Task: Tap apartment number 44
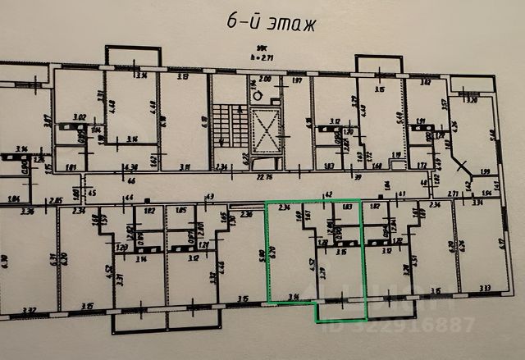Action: [x=129, y=198]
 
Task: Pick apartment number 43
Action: [x=209, y=197]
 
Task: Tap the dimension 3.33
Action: [x=486, y=288]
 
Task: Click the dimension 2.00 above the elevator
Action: [x=264, y=80]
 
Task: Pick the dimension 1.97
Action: [x=297, y=80]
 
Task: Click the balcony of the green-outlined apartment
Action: [x=341, y=308]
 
